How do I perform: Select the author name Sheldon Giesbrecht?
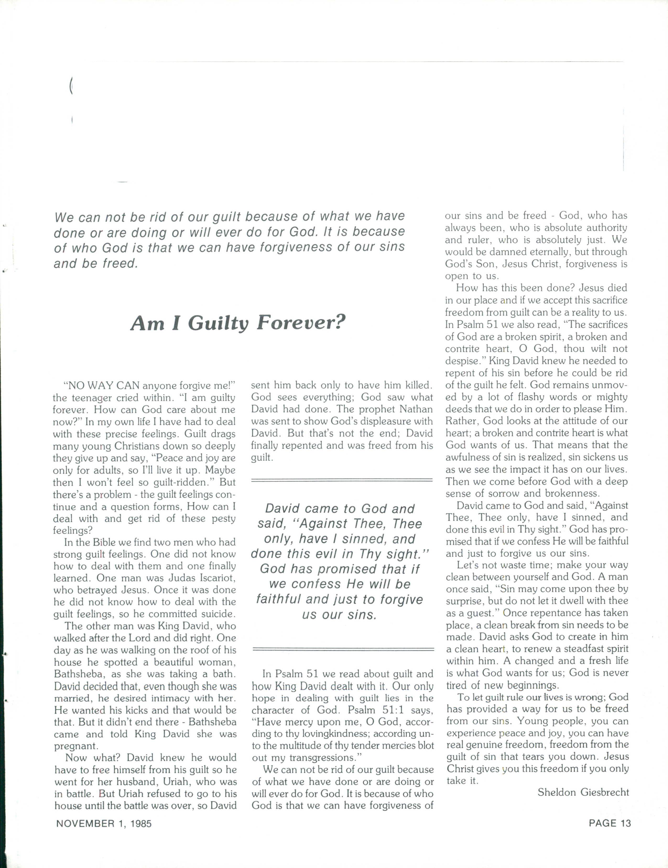[583, 793]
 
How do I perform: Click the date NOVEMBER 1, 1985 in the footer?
[104, 823]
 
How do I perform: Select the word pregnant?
[75, 746]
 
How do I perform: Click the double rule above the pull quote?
[341, 481]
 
